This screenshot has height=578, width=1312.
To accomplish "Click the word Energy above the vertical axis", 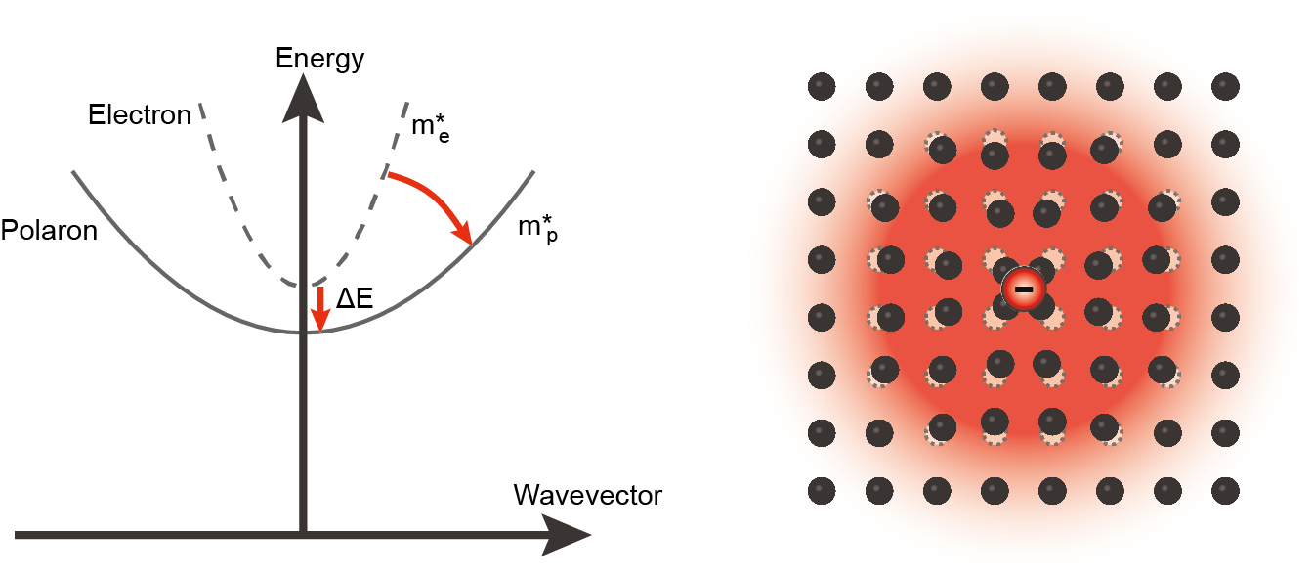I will pyautogui.click(x=319, y=59).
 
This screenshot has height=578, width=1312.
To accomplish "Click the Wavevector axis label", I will pyautogui.click(x=587, y=495).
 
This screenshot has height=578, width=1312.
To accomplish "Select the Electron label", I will pyautogui.click(x=140, y=115).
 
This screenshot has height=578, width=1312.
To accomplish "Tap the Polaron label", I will pyautogui.click(x=49, y=231).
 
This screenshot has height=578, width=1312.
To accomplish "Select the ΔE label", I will pyautogui.click(x=355, y=299).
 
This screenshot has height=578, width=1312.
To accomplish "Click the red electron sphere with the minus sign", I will pyautogui.click(x=1024, y=289).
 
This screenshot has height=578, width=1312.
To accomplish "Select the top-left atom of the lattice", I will pyautogui.click(x=822, y=86).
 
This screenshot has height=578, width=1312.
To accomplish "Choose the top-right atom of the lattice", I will pyautogui.click(x=1225, y=86).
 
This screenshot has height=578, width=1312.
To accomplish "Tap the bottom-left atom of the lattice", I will pyautogui.click(x=822, y=490).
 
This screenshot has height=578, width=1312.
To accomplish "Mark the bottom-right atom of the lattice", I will pyautogui.click(x=1225, y=490).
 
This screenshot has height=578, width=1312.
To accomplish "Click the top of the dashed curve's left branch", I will pyautogui.click(x=201, y=104).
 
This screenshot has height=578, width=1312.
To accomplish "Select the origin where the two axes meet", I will pyautogui.click(x=304, y=535).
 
